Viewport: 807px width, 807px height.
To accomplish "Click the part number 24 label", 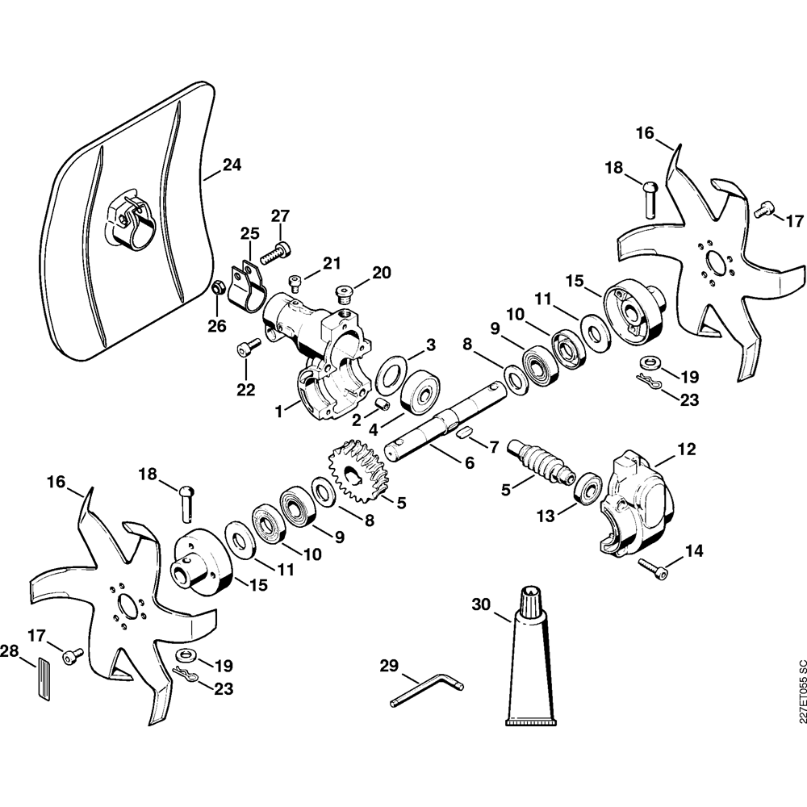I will (x=232, y=165).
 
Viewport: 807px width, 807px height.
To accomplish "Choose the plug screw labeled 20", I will (x=345, y=294).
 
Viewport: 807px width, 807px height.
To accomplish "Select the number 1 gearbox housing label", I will (x=278, y=411).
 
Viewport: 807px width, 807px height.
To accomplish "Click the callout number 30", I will (x=481, y=604).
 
